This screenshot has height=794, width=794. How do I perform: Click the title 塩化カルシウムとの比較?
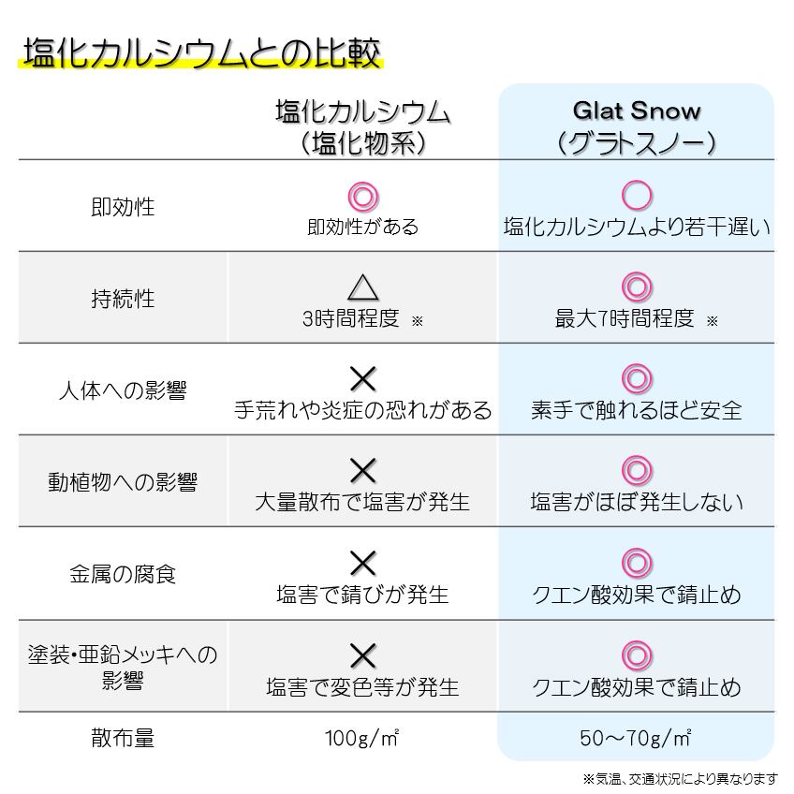[x=201, y=53]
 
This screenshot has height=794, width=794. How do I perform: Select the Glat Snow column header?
[x=636, y=126]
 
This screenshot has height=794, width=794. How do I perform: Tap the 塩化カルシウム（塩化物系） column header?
[x=362, y=126]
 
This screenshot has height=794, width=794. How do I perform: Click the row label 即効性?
[x=117, y=207]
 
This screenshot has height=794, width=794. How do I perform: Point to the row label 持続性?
[x=117, y=299]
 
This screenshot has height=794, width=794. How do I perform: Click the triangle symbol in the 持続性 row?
[x=362, y=287]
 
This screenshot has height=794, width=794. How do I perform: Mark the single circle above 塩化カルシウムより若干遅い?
[x=637, y=196]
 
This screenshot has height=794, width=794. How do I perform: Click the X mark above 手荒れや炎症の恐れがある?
[x=362, y=378]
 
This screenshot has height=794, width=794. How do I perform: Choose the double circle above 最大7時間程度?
[x=637, y=287]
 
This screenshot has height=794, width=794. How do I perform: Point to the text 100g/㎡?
[x=362, y=738]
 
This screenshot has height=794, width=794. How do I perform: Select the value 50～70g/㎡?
[x=636, y=738]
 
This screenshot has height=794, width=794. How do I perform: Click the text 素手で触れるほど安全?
[x=636, y=410]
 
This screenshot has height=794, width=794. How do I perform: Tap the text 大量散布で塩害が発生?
[x=362, y=502]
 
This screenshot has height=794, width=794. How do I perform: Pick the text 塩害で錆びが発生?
[x=362, y=594]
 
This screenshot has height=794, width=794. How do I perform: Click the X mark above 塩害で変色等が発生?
[x=362, y=654]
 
